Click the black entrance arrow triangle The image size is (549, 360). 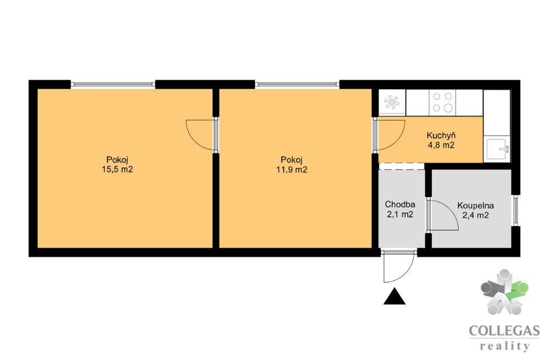click(x=394, y=296)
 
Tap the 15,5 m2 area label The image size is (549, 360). click(x=117, y=169)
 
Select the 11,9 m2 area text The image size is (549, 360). click(x=292, y=169)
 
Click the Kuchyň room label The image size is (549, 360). click(x=441, y=135)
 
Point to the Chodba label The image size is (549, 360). click(x=400, y=204)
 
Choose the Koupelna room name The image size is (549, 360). click(x=475, y=205)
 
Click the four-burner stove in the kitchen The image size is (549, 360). click(x=443, y=102)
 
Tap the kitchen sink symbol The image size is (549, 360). click(x=497, y=149)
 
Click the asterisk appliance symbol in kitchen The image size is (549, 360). click(x=391, y=102)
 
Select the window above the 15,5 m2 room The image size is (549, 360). click(x=113, y=84)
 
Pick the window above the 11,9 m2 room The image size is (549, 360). click(x=297, y=84)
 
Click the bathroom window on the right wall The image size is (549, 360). click(x=515, y=210)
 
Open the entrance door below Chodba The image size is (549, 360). click(x=399, y=266)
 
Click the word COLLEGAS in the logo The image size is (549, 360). click(x=504, y=331)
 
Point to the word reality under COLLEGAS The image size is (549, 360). click(x=504, y=346)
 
